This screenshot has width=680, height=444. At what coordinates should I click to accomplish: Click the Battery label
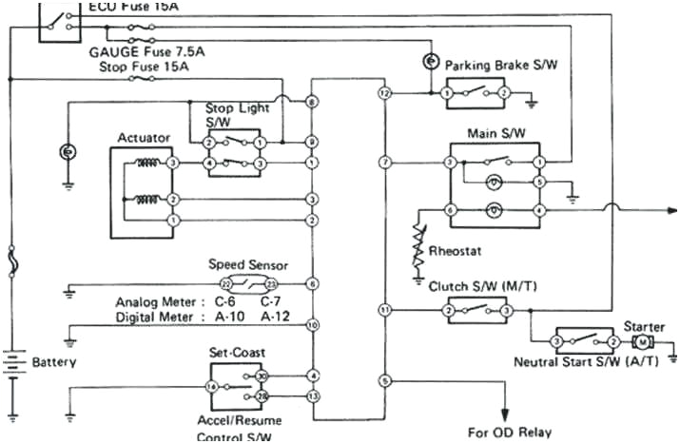tap(53, 362)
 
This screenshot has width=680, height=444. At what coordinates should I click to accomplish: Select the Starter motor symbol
tap(642, 341)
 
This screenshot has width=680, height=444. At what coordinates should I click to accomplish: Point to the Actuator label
tap(144, 138)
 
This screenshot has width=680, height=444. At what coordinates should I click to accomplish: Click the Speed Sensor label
tap(247, 265)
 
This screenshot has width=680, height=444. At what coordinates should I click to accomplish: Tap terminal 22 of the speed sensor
tap(225, 284)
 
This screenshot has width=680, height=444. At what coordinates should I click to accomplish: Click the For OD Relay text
tap(510, 431)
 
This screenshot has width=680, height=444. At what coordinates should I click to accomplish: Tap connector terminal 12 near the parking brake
tap(384, 94)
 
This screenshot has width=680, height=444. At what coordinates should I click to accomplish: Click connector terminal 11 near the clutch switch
tap(384, 310)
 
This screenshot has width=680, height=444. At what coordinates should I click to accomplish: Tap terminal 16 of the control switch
tap(213, 387)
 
